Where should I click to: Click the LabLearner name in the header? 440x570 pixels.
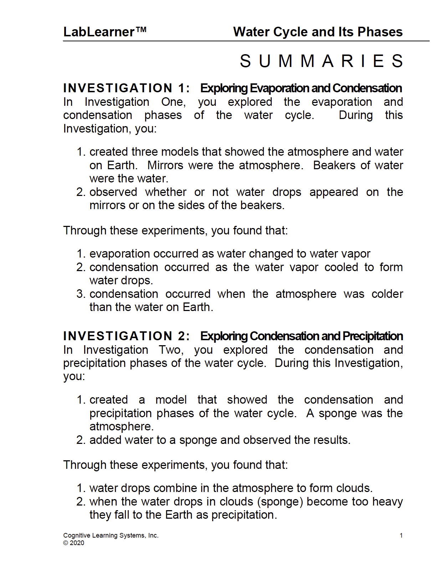(98, 32)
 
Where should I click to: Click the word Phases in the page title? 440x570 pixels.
(380, 32)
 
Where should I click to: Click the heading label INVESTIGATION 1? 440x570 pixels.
(127, 88)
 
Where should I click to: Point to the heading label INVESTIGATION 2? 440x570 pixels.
(127, 336)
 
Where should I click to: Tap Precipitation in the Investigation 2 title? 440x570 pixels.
(373, 336)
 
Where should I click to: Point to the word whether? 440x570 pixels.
(165, 192)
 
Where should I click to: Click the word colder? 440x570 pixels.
(387, 294)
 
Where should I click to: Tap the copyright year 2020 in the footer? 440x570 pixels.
(77, 543)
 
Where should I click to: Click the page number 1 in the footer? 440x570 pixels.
(401, 535)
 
